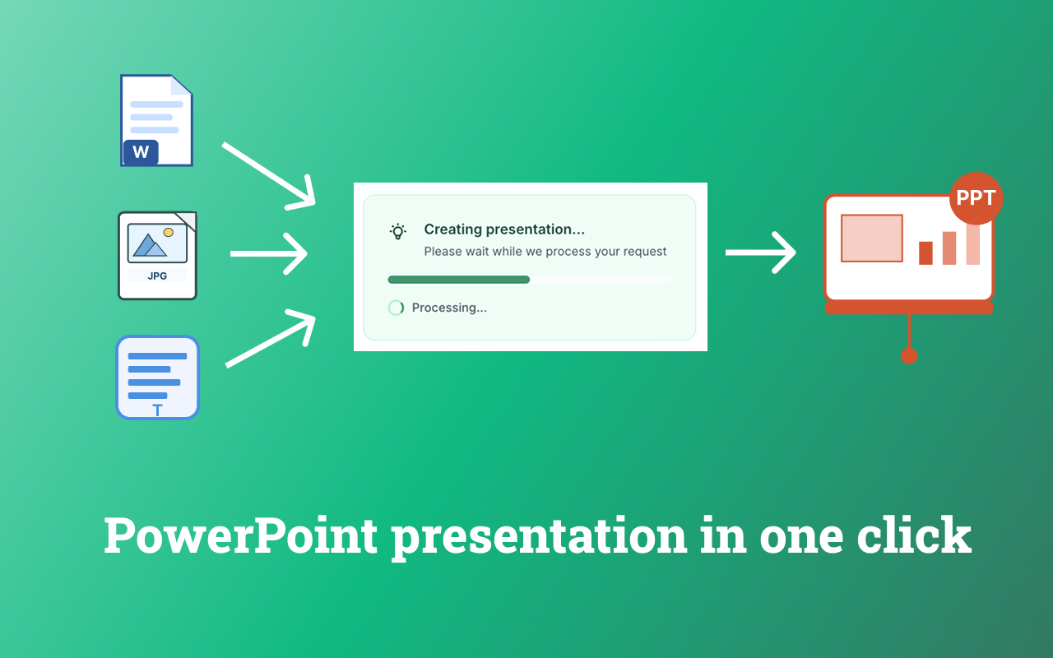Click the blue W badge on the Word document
pyautogui.click(x=141, y=152)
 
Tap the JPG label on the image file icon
pyautogui.click(x=157, y=276)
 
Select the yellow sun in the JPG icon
pyautogui.click(x=169, y=232)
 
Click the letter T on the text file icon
pyautogui.click(x=157, y=410)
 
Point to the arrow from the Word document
pyautogui.click(x=268, y=176)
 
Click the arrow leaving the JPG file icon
pyautogui.click(x=269, y=254)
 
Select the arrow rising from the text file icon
pyautogui.click(x=271, y=338)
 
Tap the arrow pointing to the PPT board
pyautogui.click(x=761, y=253)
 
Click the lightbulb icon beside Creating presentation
pyautogui.click(x=397, y=231)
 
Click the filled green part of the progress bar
pyautogui.click(x=459, y=280)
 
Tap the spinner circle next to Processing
pyautogui.click(x=396, y=308)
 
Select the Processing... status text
pyautogui.click(x=449, y=308)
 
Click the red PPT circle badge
pyautogui.click(x=976, y=198)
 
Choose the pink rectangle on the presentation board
pyautogui.click(x=871, y=239)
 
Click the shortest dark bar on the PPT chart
pyautogui.click(x=925, y=253)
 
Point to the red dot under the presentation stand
pyautogui.click(x=909, y=356)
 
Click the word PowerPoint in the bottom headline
pyautogui.click(x=240, y=535)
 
